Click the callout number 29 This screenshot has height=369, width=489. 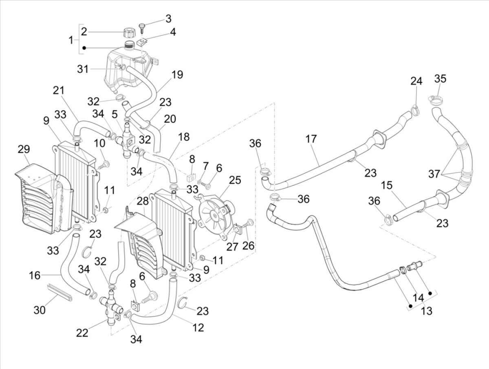pos(24,149)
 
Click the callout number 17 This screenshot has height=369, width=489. pos(311,139)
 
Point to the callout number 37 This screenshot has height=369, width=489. pos(434,174)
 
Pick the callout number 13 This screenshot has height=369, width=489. pos(426,311)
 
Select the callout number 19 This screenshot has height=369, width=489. pos(177,75)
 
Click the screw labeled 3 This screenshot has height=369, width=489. pos(143,28)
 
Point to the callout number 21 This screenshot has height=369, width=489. pos(59,91)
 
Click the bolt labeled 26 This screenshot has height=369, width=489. pos(249,223)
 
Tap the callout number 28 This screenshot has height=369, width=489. pos(143,201)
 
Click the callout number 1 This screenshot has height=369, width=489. pos(71,40)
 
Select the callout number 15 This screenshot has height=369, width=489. pos(387,185)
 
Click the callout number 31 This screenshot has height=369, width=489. pos(83,69)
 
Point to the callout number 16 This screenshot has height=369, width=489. pos(35,276)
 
